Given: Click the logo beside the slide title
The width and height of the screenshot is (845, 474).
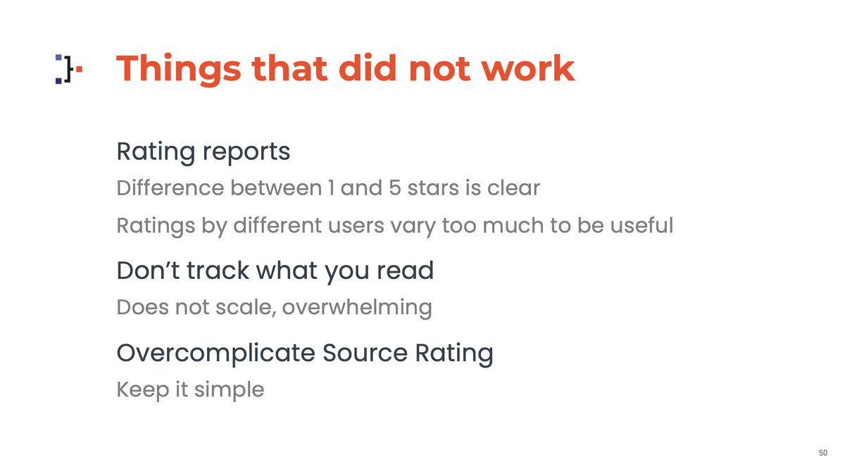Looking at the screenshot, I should [68, 69].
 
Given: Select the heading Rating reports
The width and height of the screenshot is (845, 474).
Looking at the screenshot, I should [203, 151].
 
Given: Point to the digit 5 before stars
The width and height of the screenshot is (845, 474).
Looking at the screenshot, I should [395, 189].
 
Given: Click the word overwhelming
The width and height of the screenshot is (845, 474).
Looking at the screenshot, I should [357, 308].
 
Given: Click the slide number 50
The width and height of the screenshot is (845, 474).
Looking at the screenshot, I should [822, 453].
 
